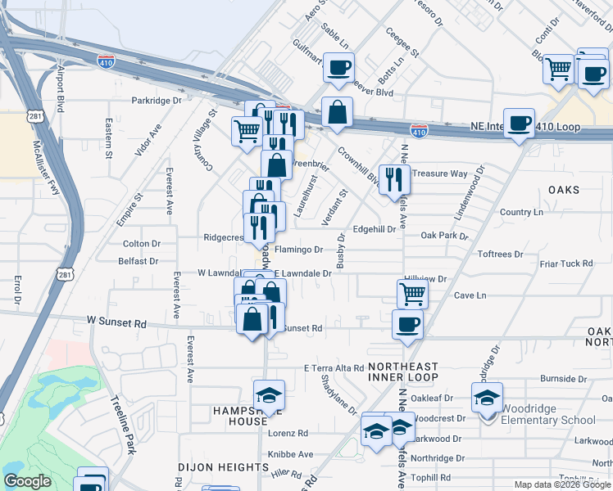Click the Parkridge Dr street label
(x=156, y=101)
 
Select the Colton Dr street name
(x=141, y=244)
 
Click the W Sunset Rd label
(x=116, y=323)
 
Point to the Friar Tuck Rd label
(x=565, y=264)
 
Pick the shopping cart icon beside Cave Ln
(x=412, y=293)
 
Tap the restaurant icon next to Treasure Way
(x=394, y=179)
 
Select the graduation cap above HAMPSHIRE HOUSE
(x=268, y=394)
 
